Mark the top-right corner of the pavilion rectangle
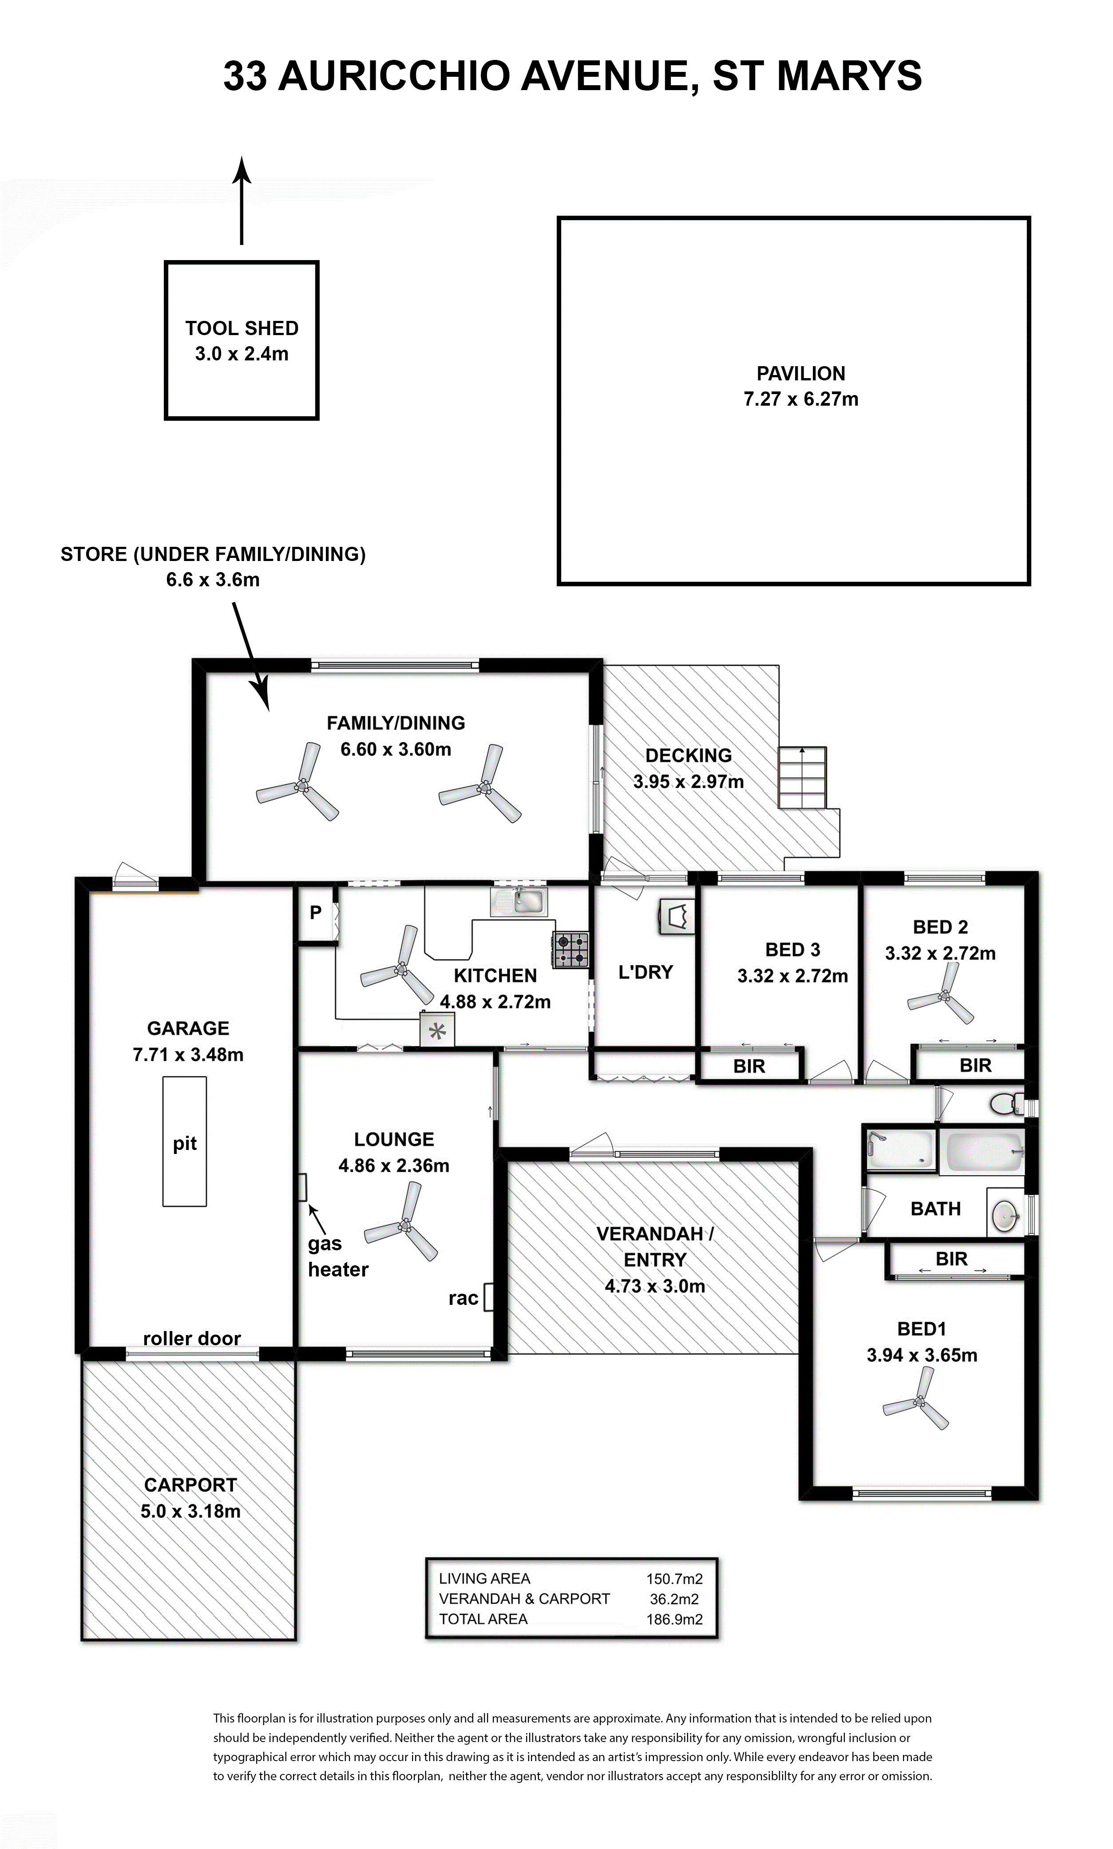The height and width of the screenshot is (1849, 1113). click(x=1029, y=218)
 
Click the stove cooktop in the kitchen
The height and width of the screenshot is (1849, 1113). click(x=571, y=949)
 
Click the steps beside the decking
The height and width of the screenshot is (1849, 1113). click(x=803, y=778)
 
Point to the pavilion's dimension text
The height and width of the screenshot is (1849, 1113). click(x=801, y=399)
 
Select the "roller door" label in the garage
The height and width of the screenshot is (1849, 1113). click(x=192, y=1339)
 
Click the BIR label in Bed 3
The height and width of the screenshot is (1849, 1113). click(x=749, y=1066)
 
